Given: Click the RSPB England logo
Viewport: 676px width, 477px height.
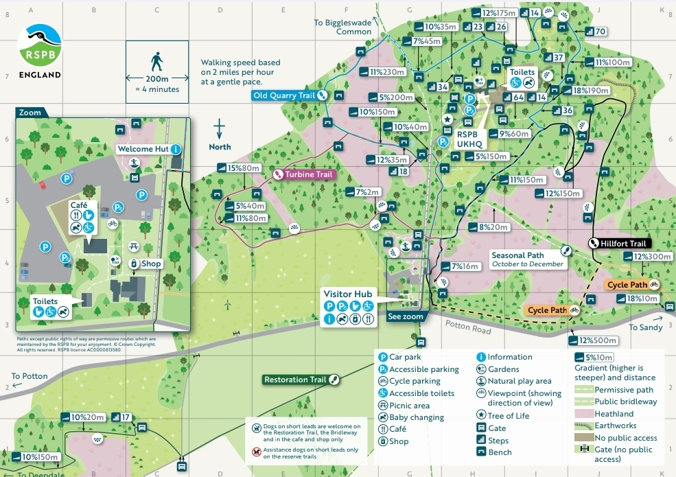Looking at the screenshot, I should point(40,51).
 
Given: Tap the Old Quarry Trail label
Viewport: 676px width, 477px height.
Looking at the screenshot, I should point(284,95).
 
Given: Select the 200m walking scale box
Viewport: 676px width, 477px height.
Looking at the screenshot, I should point(157,71).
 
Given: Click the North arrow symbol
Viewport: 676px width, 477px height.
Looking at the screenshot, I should point(220,128).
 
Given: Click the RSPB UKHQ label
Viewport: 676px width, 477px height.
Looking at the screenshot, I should point(471,140).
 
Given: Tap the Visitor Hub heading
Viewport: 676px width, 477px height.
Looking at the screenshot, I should point(349,294).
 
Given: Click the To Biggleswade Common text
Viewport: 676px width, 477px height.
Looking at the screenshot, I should point(343,27).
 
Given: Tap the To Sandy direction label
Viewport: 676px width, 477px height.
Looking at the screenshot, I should point(646,327).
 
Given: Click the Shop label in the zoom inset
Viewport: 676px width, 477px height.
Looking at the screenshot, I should point(152,264).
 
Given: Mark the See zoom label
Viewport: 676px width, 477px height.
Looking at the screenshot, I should point(405,317).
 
